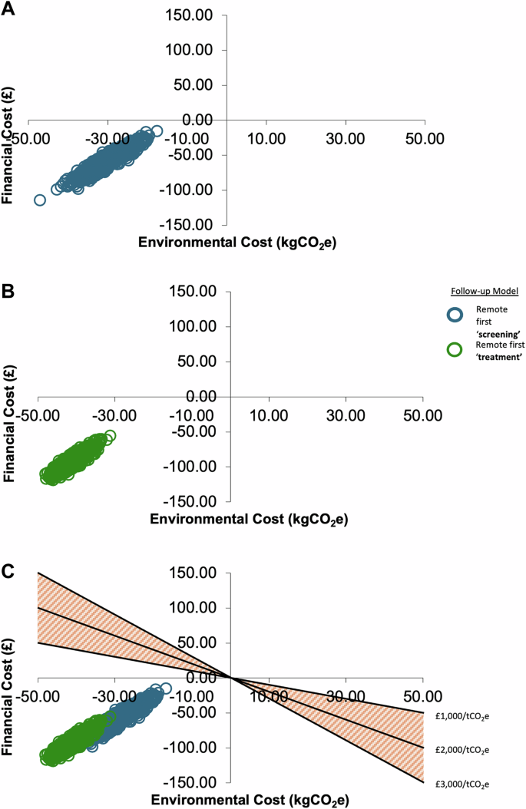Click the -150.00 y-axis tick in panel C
coord(187,782)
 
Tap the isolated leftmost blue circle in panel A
coord(40,200)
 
